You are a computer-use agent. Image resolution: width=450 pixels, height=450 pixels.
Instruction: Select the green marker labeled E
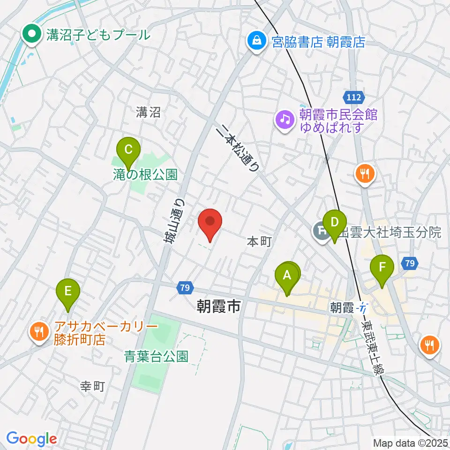tap(68, 291)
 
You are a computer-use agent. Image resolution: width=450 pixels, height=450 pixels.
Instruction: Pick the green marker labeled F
tap(382, 268)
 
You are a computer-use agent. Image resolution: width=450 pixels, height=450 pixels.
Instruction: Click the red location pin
tap(210, 222)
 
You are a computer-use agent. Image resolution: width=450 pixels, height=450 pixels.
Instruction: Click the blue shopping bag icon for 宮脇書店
tap(256, 42)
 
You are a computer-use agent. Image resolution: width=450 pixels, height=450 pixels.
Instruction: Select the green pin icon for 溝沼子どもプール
tap(32, 34)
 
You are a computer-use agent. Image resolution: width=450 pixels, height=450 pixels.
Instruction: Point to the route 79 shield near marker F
tap(410, 263)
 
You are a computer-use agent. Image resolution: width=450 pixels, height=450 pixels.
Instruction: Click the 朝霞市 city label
tap(218, 307)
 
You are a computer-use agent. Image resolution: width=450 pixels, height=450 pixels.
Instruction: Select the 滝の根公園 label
tap(145, 175)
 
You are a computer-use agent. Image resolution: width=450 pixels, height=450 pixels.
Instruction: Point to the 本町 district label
tap(259, 242)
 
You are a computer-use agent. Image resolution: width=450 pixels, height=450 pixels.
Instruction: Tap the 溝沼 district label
tap(149, 112)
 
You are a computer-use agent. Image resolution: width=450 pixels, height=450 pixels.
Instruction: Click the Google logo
tap(31, 439)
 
